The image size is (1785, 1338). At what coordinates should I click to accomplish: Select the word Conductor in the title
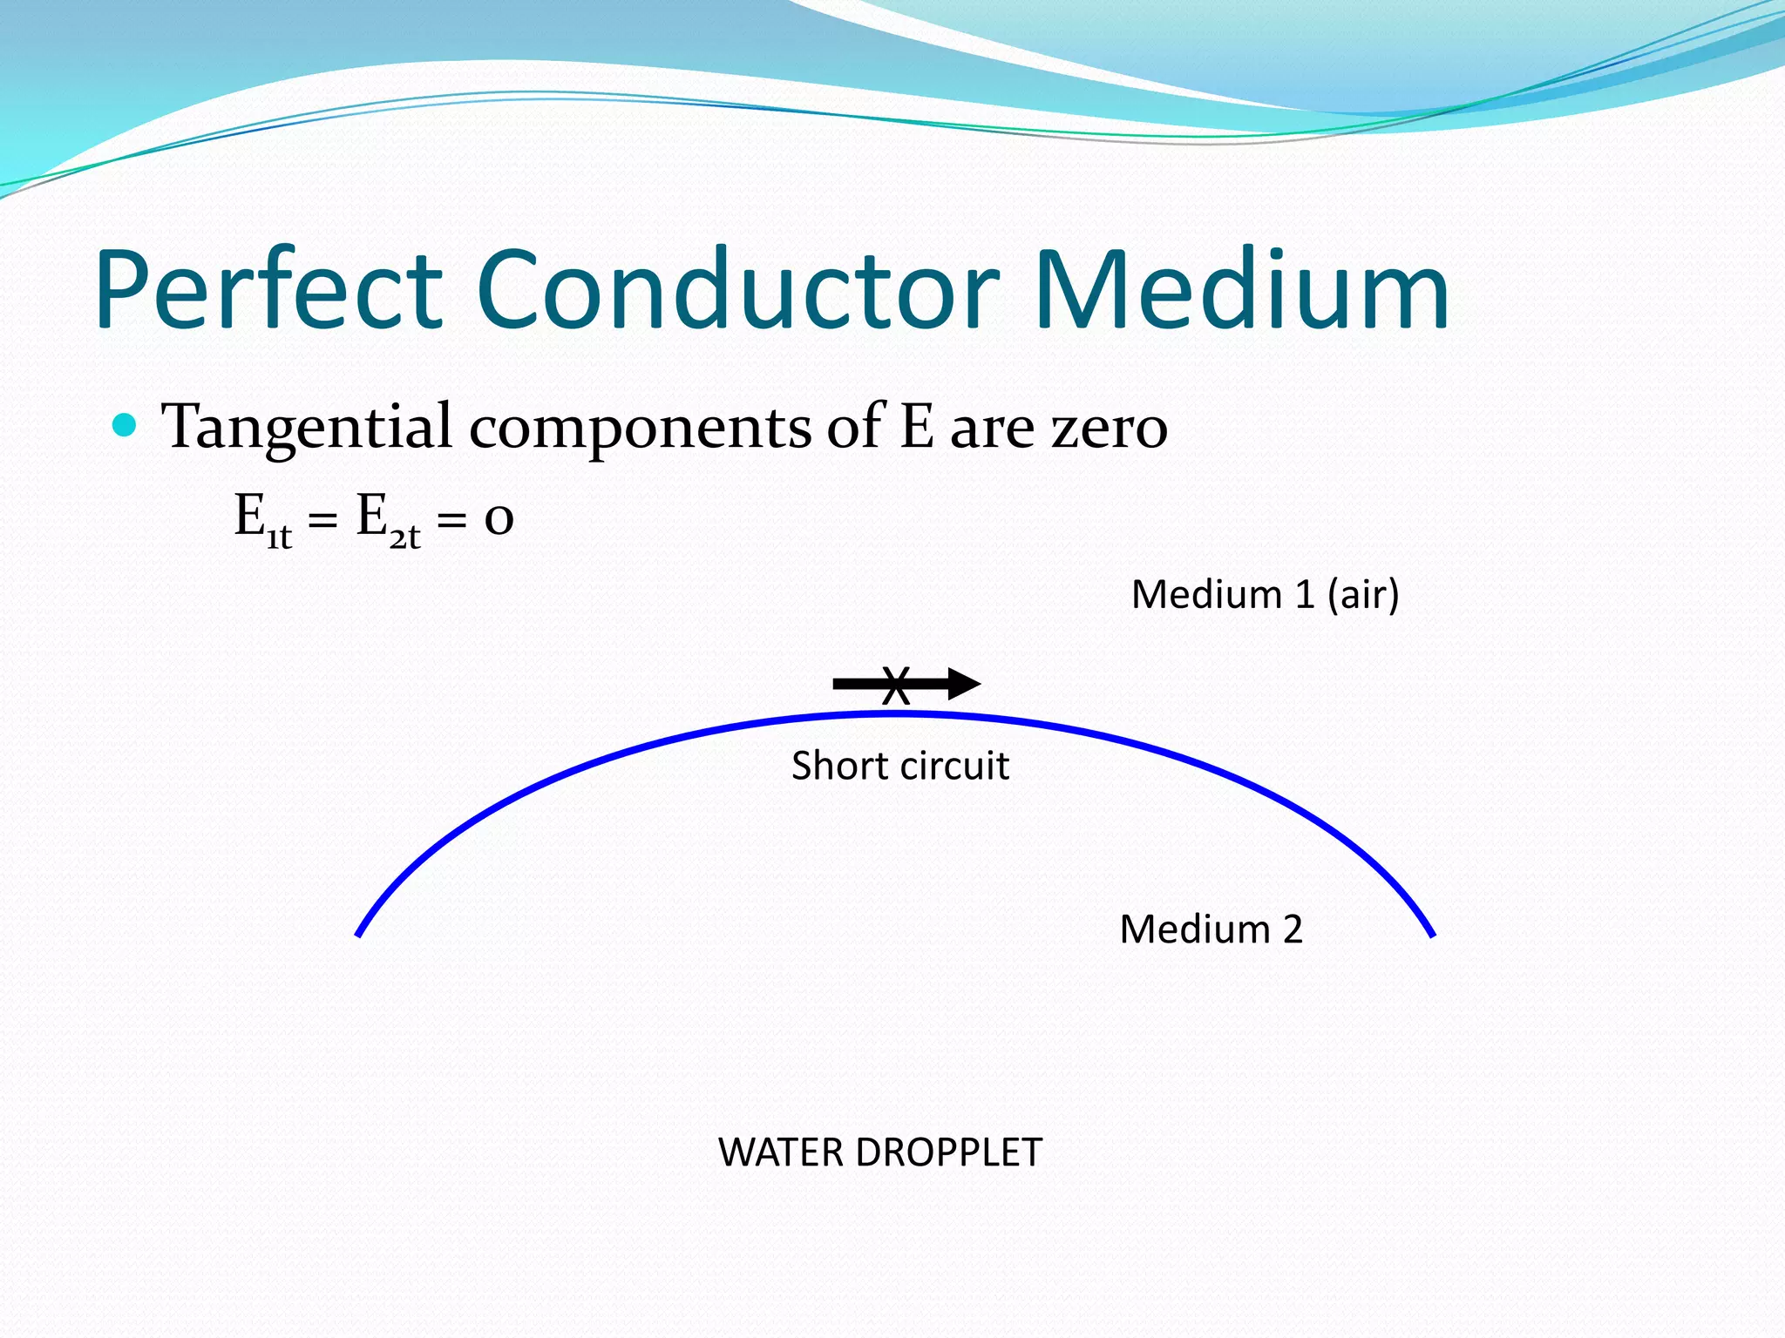point(737,292)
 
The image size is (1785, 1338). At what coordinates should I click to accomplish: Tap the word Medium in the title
point(1241,292)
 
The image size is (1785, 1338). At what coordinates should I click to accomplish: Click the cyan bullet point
point(126,426)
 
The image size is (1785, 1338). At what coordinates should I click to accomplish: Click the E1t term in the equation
point(262,520)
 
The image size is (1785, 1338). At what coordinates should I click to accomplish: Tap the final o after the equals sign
point(499,520)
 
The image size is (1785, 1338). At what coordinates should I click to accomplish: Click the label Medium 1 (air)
point(1265,595)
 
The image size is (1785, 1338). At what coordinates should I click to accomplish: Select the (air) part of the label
point(1363,596)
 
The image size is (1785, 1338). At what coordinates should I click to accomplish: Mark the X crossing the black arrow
point(896,686)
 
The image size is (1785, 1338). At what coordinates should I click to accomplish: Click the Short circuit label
point(899,767)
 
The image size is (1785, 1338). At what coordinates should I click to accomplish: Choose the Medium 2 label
point(1211,929)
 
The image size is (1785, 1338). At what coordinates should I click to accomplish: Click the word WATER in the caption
point(781,1152)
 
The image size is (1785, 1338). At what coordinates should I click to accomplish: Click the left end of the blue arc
point(359,934)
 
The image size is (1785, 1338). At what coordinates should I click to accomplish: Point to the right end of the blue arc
point(1432,934)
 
